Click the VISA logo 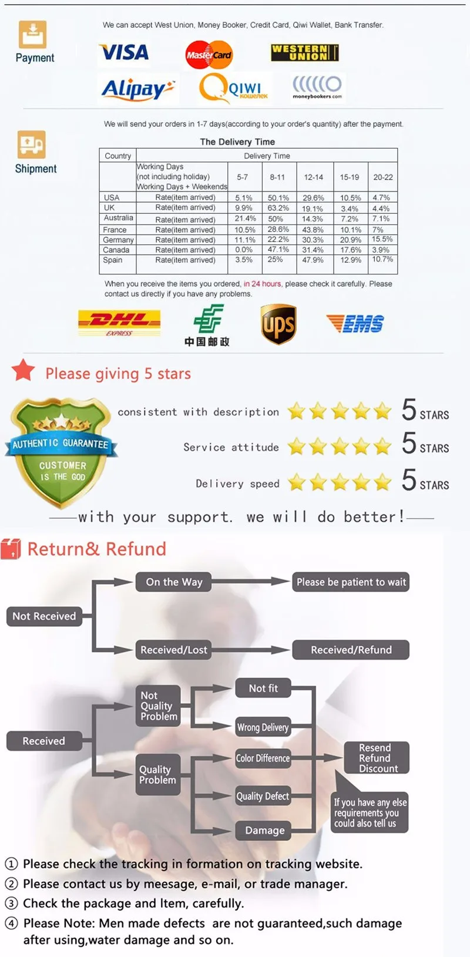coord(124,53)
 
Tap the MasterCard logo coord(209,55)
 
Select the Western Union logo coord(304,53)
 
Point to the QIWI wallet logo coord(234,88)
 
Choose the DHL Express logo coord(119,323)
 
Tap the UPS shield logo coord(278,324)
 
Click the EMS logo coord(355,323)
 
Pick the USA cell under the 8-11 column coord(278,198)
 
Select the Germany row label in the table coord(118,240)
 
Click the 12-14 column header coord(313,177)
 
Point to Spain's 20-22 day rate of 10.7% coord(382,259)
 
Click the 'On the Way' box coord(174,582)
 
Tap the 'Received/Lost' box coord(174,650)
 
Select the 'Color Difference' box coord(263,758)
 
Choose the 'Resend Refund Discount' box coord(375,758)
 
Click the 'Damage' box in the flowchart coord(264,830)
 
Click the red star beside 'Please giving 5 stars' coord(23,371)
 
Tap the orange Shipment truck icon coord(32,145)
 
